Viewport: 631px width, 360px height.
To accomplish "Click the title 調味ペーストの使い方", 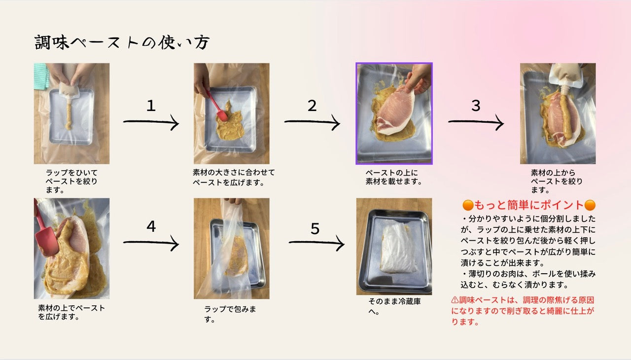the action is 122,42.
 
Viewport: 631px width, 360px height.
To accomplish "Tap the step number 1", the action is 151,106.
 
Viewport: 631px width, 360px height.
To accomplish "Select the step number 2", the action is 312,106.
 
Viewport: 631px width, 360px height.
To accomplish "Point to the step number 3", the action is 476,106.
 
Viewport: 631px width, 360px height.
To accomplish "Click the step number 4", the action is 151,226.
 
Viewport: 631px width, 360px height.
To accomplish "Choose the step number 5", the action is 315,228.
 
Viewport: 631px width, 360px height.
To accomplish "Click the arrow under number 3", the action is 476,122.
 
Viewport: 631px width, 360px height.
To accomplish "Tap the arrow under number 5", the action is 316,243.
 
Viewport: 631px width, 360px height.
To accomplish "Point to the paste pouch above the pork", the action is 567,76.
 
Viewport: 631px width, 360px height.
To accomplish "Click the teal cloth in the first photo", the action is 40,76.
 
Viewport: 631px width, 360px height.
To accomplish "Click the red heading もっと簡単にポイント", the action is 529,205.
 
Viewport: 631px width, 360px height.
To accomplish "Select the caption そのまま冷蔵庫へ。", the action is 394,306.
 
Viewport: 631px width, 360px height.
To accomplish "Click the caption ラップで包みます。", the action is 230,314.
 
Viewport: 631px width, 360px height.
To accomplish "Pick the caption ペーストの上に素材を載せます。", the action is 393,177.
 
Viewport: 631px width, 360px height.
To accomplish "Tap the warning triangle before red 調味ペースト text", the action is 455,300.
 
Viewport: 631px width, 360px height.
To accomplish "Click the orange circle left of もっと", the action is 468,205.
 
